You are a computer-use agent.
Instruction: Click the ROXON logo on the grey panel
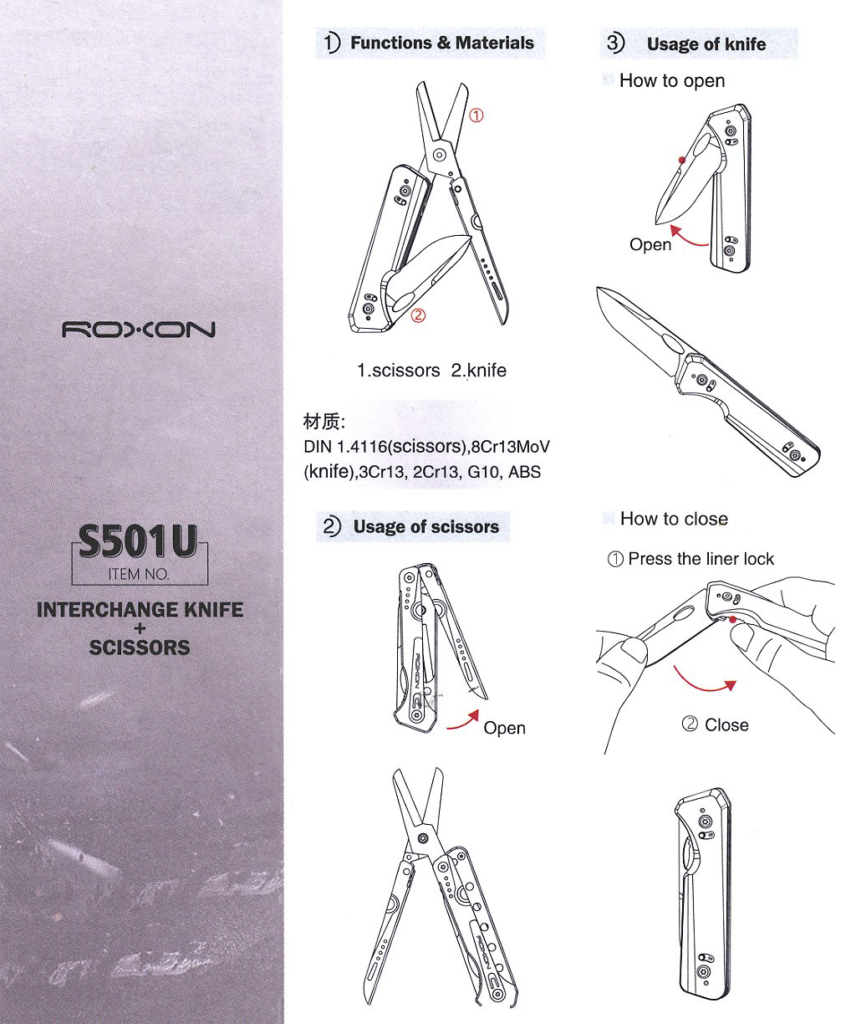pos(139,330)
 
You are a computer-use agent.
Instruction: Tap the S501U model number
pos(139,541)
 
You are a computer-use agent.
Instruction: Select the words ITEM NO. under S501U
pos(139,574)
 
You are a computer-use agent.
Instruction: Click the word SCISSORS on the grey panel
pos(140,648)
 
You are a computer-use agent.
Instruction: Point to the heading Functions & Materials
pos(442,43)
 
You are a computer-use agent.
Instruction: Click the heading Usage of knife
pos(706,44)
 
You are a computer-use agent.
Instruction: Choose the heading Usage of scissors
pos(425,527)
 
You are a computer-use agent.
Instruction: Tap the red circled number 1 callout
pos(476,115)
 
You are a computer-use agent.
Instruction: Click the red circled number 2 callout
pos(418,315)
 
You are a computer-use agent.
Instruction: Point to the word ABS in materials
pos(524,472)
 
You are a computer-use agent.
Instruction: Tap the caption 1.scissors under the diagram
pos(399,371)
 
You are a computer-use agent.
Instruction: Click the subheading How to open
pos(672,80)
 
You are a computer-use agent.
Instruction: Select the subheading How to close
pos(674,519)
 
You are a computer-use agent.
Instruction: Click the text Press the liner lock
pos(701,559)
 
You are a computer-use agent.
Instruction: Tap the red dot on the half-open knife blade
pos(681,160)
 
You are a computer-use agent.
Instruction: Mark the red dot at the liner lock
pos(732,620)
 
